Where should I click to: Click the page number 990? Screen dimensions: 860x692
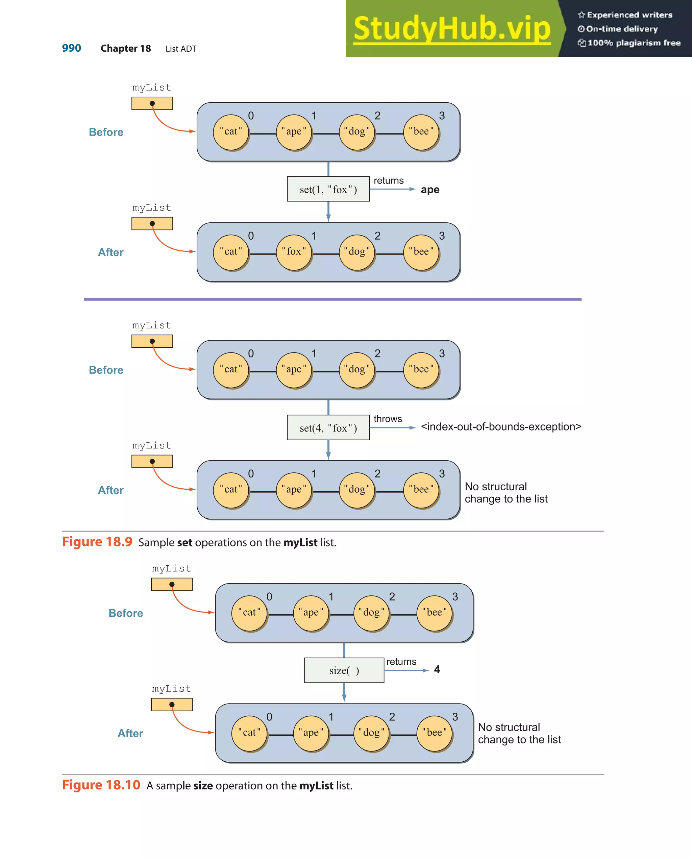[71, 48]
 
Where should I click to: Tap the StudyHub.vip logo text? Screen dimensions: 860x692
[452, 28]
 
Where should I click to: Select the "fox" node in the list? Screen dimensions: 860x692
[294, 252]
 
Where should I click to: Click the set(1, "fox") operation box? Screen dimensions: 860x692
[328, 189]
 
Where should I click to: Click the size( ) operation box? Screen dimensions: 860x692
[344, 670]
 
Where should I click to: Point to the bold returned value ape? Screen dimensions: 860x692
[430, 190]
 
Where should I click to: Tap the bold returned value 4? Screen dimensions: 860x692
[437, 669]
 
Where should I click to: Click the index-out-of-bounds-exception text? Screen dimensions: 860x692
[501, 427]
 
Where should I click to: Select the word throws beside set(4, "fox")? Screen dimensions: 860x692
[388, 419]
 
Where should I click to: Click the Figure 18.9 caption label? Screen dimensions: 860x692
[97, 542]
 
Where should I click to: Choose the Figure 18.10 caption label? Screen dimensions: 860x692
[101, 785]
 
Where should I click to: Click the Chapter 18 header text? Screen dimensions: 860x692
[126, 49]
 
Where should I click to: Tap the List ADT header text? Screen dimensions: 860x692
[181, 49]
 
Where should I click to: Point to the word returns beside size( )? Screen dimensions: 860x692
[401, 662]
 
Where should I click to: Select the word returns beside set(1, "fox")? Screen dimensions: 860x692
[389, 181]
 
